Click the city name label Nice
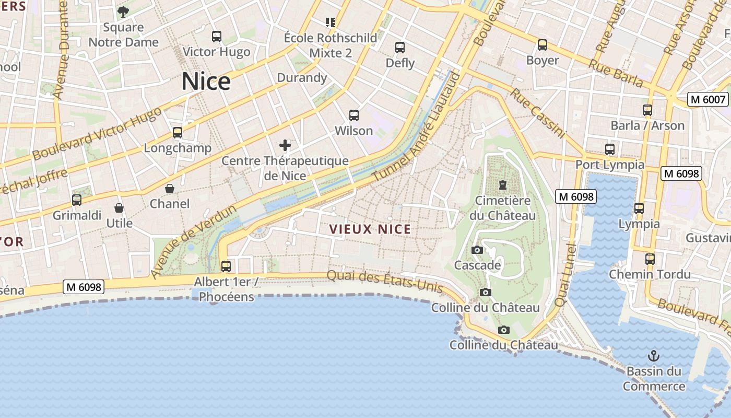(x=206, y=82)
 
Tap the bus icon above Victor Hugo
(x=217, y=37)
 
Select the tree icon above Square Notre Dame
(x=123, y=11)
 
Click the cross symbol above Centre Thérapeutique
(x=285, y=145)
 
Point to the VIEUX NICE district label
(x=370, y=229)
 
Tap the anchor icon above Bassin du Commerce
(x=654, y=356)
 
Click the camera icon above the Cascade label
(x=477, y=250)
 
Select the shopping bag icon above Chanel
(x=170, y=189)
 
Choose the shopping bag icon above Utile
(x=119, y=208)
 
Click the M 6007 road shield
(x=708, y=99)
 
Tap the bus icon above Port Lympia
(x=610, y=149)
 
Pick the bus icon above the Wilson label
(x=354, y=115)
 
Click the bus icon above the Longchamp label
(x=178, y=133)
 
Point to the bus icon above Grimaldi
(x=77, y=200)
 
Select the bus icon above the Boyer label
(x=543, y=45)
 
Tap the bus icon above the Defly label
(x=400, y=48)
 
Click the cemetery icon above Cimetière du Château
(x=503, y=185)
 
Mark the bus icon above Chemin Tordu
(x=650, y=259)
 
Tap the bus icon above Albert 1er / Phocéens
(x=226, y=266)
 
